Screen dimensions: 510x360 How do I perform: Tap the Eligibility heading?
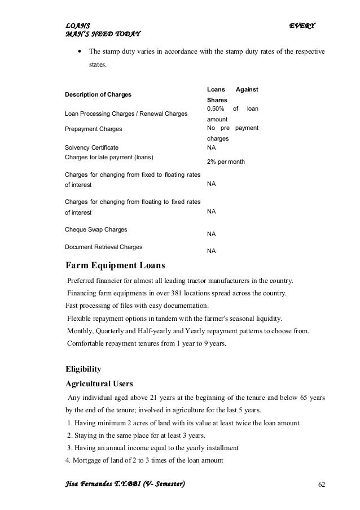pos(84,369)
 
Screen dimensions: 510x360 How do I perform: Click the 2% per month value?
pos(225,162)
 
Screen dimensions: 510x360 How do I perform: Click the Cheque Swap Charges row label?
pos(96,230)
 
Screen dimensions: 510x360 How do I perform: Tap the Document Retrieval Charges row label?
pos(104,247)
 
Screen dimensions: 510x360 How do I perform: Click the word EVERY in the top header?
pos(302,26)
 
